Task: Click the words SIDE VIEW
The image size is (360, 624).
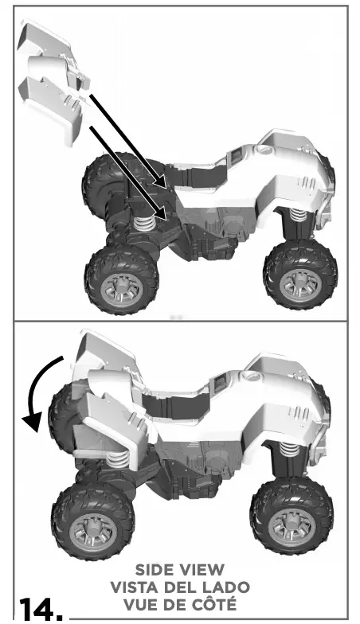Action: (181, 570)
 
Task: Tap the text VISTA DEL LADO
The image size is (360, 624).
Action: (181, 587)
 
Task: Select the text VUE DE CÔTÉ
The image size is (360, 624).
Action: (181, 603)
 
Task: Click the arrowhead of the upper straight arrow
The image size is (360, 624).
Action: (162, 183)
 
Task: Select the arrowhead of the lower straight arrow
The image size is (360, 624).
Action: (162, 213)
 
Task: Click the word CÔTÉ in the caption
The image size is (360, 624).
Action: (216, 603)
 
